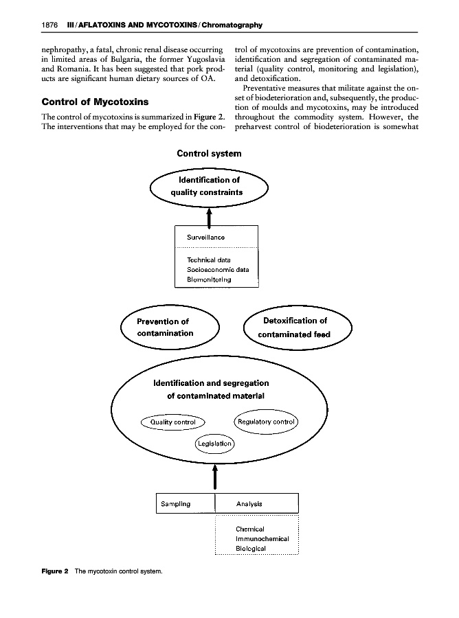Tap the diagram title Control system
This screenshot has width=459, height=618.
click(209, 153)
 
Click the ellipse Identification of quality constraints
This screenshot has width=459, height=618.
click(209, 186)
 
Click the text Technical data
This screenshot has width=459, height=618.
click(209, 260)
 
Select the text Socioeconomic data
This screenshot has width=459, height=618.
click(218, 270)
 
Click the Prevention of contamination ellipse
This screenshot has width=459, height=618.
click(169, 328)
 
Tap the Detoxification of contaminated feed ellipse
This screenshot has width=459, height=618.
click(298, 328)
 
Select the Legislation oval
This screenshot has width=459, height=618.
click(215, 444)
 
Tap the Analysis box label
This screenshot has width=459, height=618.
click(249, 503)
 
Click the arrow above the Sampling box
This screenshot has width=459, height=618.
click(216, 474)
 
